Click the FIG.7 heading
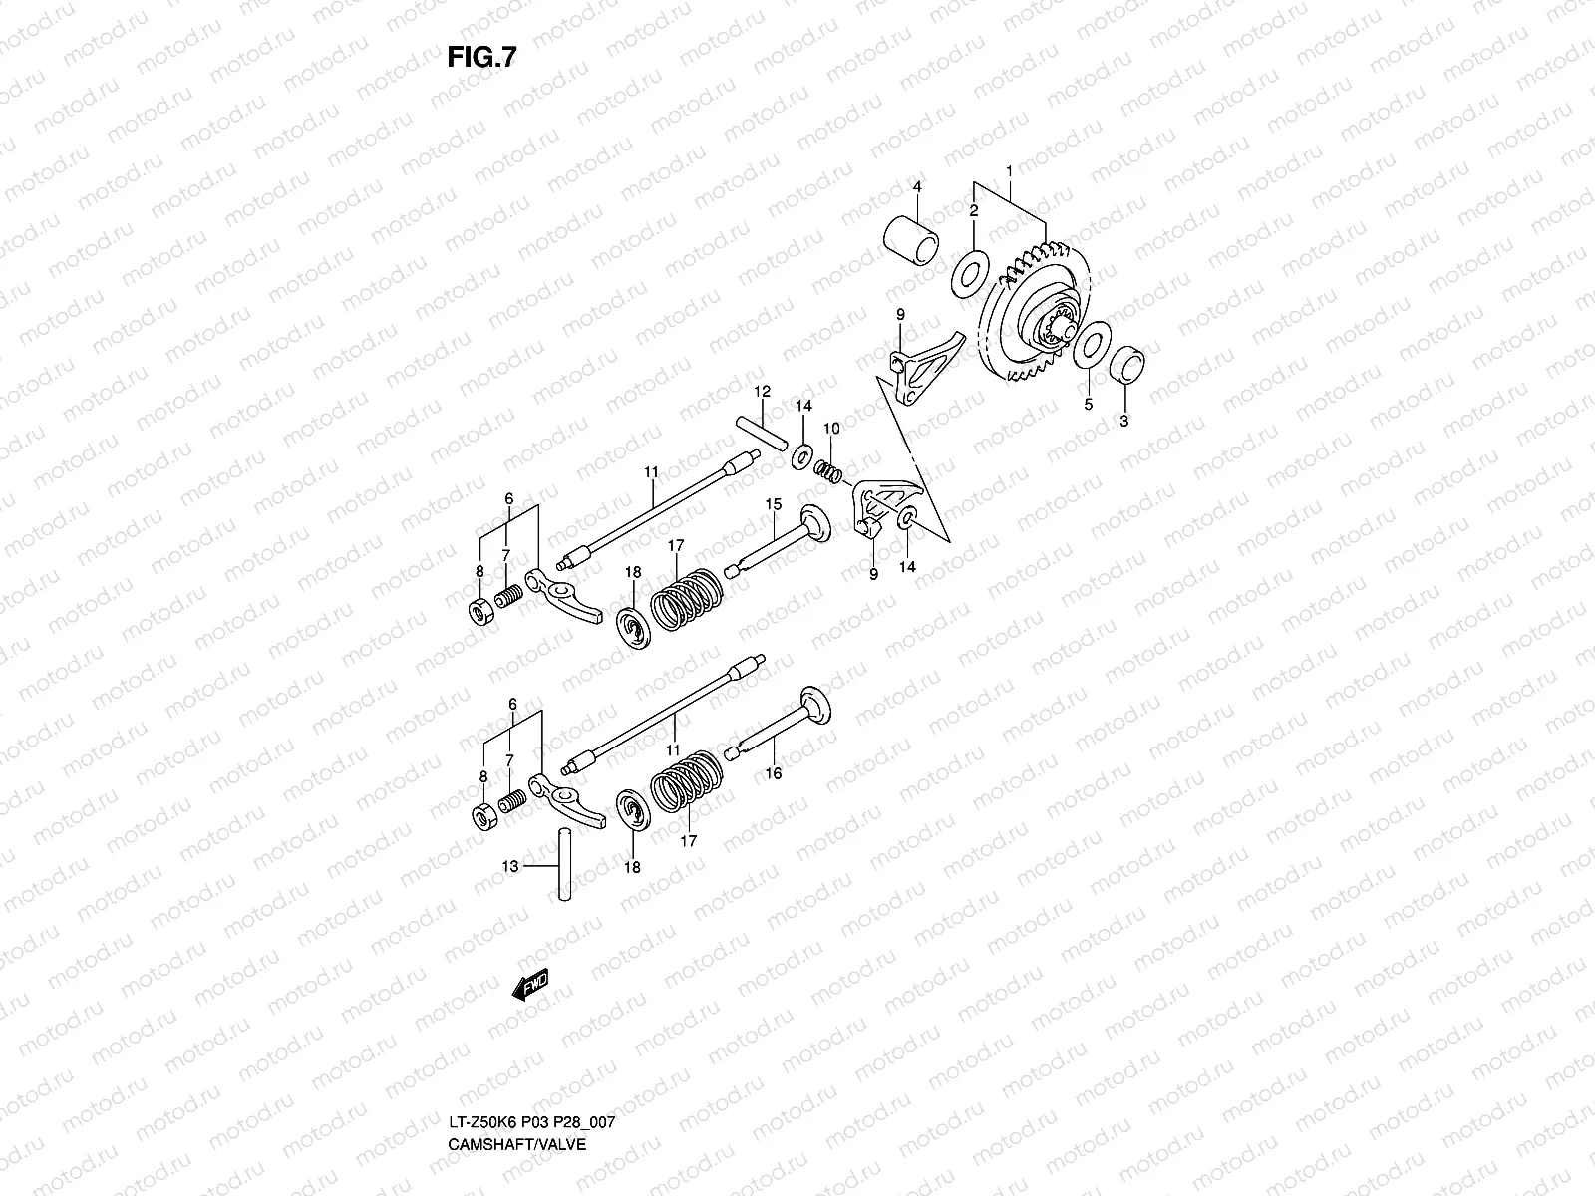pos(481,58)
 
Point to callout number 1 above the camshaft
pos(1009,171)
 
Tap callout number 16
pos(774,772)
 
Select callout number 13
pos(510,867)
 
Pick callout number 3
pos(1123,421)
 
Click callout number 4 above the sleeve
pos(917,186)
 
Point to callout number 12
pos(762,391)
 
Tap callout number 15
pos(773,504)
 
